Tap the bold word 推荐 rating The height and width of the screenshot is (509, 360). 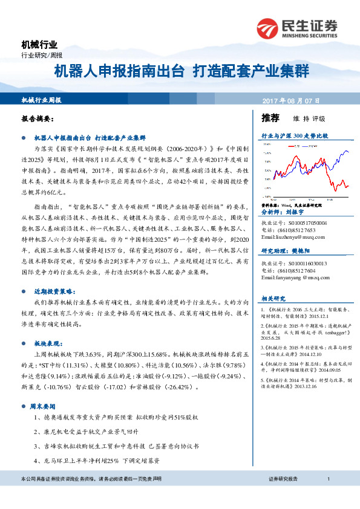tap(270, 117)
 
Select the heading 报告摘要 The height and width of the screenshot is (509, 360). tap(38, 119)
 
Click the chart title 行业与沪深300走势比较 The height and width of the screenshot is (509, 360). tap(294, 137)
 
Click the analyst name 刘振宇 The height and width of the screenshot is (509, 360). tap(296, 213)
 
